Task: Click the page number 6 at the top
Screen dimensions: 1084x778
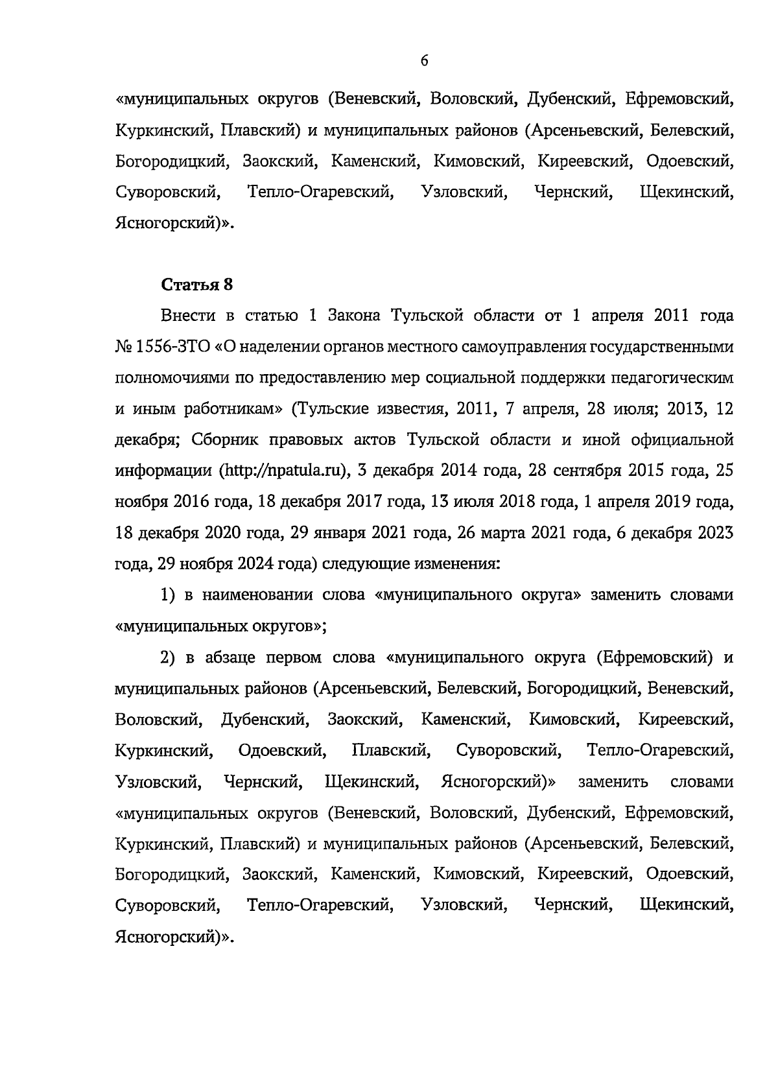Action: (x=424, y=61)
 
